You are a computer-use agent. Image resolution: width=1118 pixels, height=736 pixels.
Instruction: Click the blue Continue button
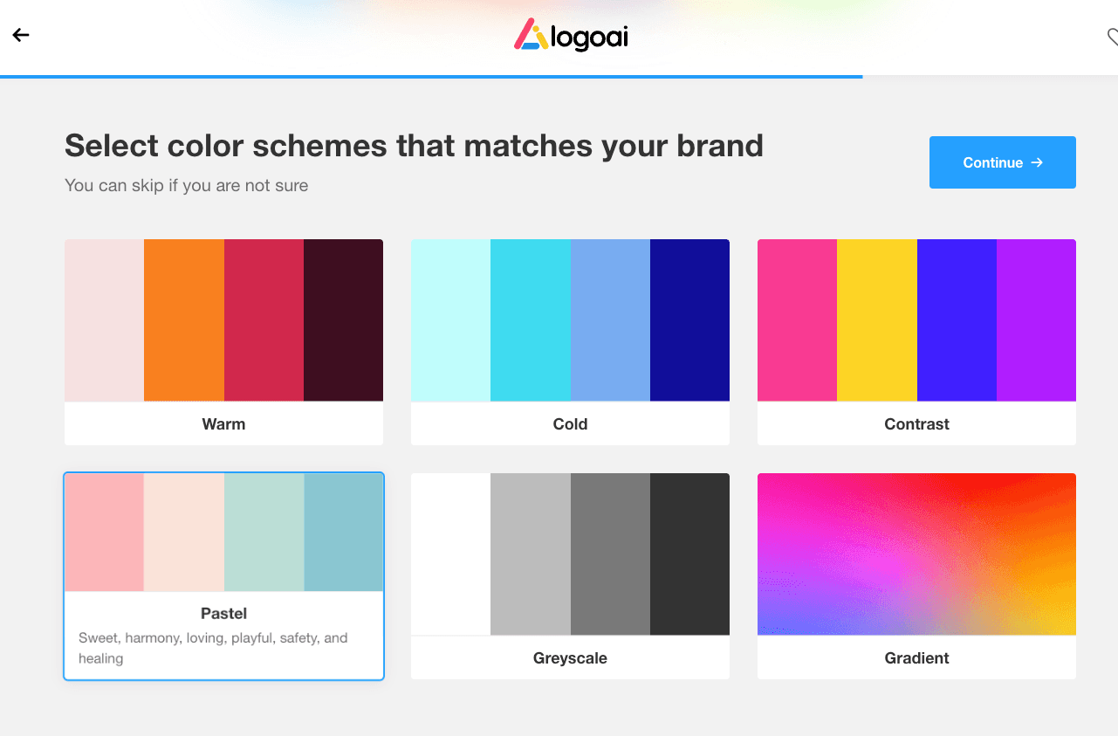pyautogui.click(x=1002, y=162)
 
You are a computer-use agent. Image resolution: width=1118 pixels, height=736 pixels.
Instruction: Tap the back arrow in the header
pyautogui.click(x=21, y=35)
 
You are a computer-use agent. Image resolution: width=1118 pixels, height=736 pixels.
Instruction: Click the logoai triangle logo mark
pyautogui.click(x=531, y=34)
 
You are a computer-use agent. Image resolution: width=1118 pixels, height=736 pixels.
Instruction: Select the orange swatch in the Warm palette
pyautogui.click(x=183, y=320)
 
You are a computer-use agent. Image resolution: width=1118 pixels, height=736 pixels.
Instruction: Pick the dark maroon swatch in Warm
pyautogui.click(x=343, y=320)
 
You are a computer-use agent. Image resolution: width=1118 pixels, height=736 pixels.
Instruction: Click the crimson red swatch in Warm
pyautogui.click(x=264, y=320)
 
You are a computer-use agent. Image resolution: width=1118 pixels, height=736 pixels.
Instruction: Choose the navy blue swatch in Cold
pyautogui.click(x=689, y=320)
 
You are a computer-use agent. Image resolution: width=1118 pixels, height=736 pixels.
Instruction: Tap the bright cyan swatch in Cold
pyautogui.click(x=531, y=320)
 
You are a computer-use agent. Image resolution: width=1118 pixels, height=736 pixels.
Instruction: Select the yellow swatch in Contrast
pyautogui.click(x=877, y=320)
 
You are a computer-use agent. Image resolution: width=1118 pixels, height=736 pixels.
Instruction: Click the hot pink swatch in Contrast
pyautogui.click(x=797, y=320)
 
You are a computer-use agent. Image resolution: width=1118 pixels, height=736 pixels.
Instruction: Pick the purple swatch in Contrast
pyautogui.click(x=1037, y=320)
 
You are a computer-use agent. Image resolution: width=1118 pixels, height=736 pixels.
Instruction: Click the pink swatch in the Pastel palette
pyautogui.click(x=105, y=533)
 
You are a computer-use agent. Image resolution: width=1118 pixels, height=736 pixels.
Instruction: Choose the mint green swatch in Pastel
pyautogui.click(x=264, y=533)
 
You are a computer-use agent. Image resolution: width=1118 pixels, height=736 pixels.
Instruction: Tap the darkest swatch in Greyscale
pyautogui.click(x=689, y=554)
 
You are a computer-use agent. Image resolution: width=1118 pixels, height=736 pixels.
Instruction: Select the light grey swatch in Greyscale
pyautogui.click(x=531, y=554)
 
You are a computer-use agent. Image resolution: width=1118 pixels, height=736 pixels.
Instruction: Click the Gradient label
pyautogui.click(x=917, y=658)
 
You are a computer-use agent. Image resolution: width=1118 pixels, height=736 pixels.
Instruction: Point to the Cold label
pyautogui.click(x=570, y=424)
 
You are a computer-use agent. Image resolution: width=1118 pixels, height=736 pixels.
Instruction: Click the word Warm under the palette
pyautogui.click(x=223, y=424)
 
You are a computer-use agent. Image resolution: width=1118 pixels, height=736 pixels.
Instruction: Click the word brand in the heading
pyautogui.click(x=720, y=146)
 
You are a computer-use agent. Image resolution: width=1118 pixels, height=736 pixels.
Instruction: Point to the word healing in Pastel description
pyautogui.click(x=101, y=658)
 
